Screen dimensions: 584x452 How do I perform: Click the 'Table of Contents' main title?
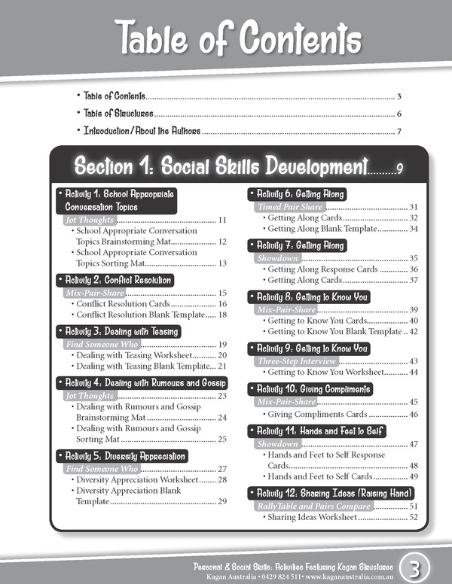[x=226, y=36]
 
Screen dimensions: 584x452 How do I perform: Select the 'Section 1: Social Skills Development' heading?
[x=220, y=166]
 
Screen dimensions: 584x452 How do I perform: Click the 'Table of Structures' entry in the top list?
[x=119, y=114]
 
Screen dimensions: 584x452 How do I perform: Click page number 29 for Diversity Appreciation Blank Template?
[x=222, y=502]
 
